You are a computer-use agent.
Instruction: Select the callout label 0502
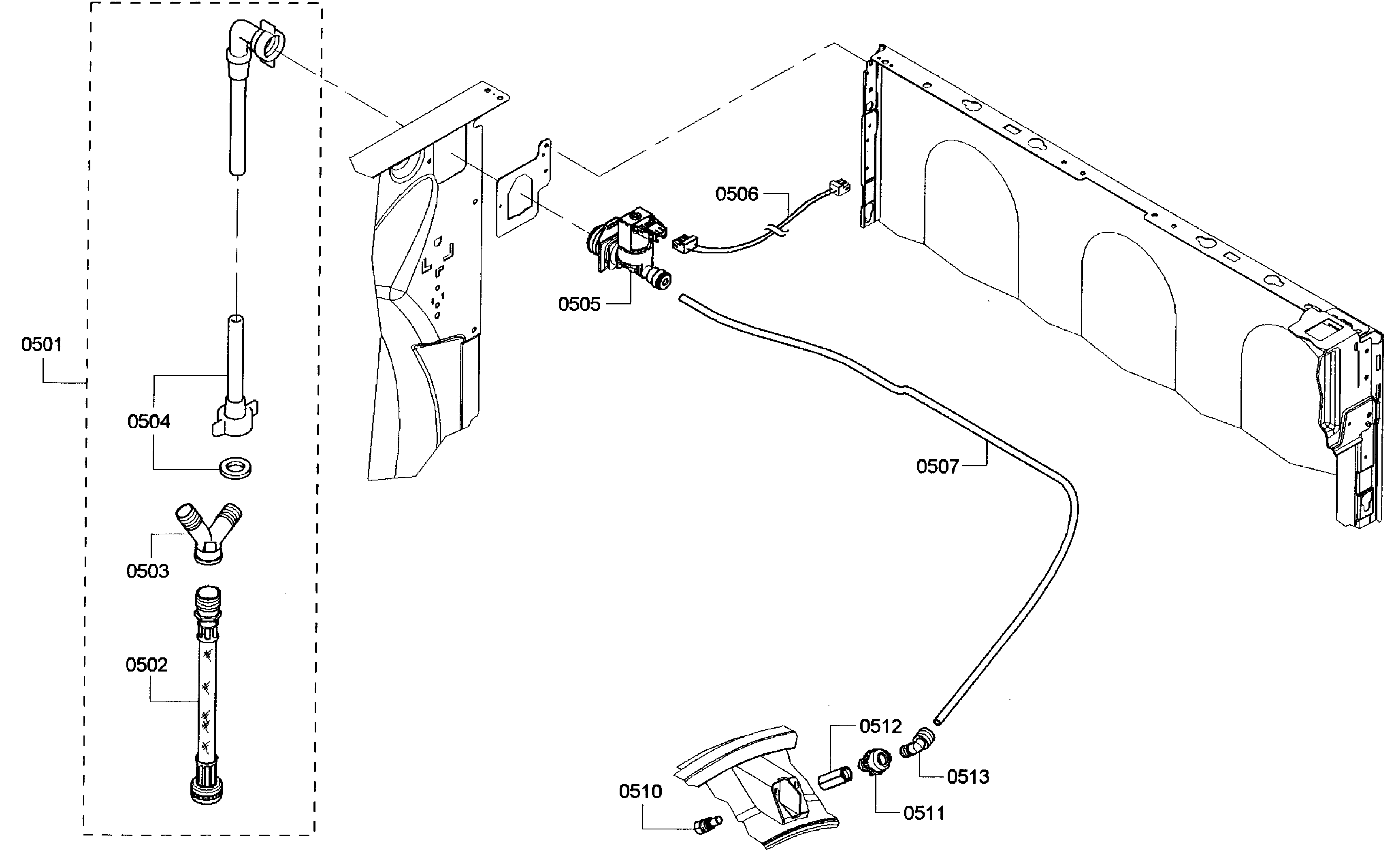(x=147, y=665)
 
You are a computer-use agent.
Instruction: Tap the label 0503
(x=147, y=571)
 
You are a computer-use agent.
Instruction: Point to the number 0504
(x=149, y=422)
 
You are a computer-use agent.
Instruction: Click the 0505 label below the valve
(x=579, y=304)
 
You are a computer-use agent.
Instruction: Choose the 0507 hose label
(x=937, y=466)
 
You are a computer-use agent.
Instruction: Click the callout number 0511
(x=923, y=813)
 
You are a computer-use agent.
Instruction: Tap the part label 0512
(x=880, y=726)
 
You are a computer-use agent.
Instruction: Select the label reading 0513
(x=968, y=776)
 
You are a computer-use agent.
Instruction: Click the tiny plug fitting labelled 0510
(x=707, y=825)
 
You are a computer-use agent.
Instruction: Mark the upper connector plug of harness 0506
(x=838, y=187)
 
